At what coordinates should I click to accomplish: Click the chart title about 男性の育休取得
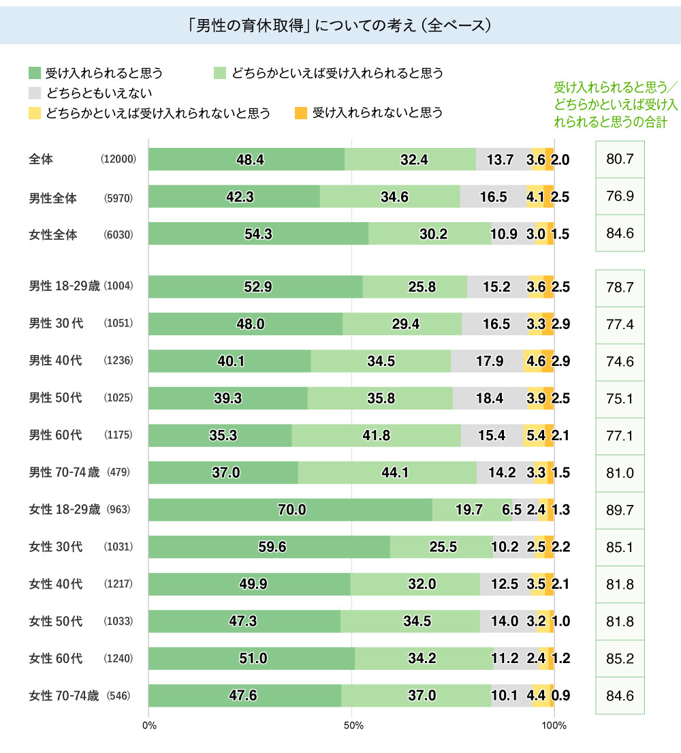[340, 25]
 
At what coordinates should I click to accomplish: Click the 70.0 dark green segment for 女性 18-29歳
[290, 510]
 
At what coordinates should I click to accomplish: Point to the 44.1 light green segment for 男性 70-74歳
[387, 472]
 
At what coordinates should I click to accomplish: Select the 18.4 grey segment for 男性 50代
[490, 398]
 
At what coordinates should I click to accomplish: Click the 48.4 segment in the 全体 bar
[247, 159]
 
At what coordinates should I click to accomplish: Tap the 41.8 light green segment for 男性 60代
[376, 435]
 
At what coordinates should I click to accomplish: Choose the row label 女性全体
[53, 234]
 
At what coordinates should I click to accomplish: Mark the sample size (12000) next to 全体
[119, 160]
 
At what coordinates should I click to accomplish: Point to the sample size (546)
[118, 696]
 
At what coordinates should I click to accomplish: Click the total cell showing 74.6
[620, 361]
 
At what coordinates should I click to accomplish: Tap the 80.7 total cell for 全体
[620, 160]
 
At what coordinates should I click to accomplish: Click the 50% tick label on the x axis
[352, 726]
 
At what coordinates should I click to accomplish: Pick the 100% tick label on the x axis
[555, 726]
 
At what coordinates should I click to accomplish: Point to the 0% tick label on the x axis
[150, 726]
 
